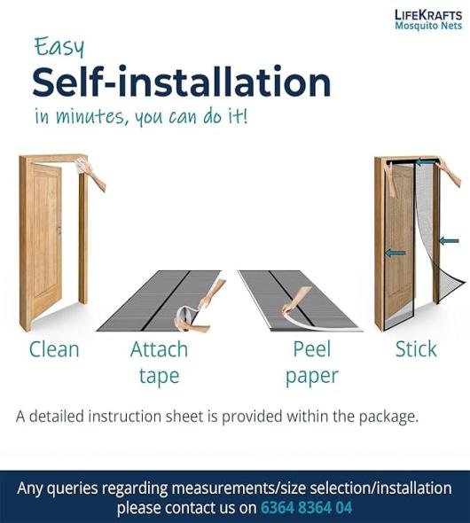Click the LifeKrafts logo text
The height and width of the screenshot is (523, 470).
click(x=428, y=15)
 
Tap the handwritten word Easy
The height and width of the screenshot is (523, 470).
click(x=59, y=47)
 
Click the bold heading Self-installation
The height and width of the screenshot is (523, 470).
click(x=182, y=82)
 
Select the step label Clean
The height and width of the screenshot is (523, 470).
click(x=54, y=349)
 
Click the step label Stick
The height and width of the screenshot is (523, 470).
click(x=416, y=349)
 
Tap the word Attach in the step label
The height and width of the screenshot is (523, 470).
click(x=159, y=349)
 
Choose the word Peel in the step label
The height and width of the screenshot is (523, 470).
click(x=312, y=349)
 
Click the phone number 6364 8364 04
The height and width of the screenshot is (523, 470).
click(x=306, y=508)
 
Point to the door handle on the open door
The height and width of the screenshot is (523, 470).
click(x=59, y=230)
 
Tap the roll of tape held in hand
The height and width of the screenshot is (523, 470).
click(x=184, y=316)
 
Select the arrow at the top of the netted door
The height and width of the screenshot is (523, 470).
click(x=426, y=162)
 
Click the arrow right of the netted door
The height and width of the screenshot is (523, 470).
click(x=449, y=240)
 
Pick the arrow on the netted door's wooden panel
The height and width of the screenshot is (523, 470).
click(x=396, y=253)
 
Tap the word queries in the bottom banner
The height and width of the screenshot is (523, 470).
click(x=72, y=489)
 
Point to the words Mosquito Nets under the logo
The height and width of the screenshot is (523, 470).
click(x=428, y=26)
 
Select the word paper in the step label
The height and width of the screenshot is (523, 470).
click(x=312, y=377)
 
